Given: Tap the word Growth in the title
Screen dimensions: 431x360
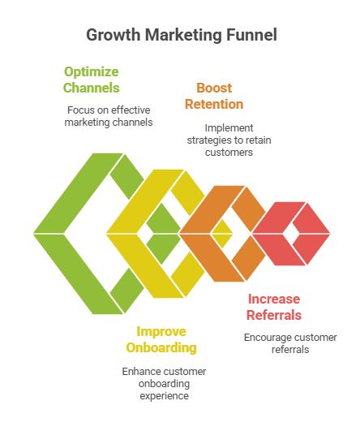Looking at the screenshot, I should (x=114, y=36).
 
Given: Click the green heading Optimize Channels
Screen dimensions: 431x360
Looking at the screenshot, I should (x=92, y=79).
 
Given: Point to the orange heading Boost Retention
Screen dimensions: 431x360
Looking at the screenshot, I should (x=214, y=95).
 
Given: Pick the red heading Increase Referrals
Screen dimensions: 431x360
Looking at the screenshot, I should (x=275, y=307).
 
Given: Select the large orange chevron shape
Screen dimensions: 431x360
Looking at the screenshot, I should (x=197, y=234).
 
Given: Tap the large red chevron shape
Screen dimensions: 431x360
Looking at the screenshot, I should (x=268, y=234).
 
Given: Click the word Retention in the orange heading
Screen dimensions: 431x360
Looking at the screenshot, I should (x=214, y=104).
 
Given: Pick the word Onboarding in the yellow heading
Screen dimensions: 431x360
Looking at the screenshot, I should (x=165, y=347).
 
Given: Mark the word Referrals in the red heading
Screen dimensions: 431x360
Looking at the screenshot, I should (x=275, y=315).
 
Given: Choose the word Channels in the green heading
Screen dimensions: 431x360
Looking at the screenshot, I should (x=92, y=88).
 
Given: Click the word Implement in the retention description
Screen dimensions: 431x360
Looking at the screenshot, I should (x=229, y=127).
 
